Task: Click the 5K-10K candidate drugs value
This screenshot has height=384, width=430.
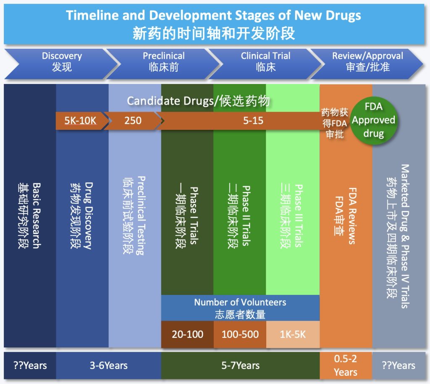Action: tap(80, 121)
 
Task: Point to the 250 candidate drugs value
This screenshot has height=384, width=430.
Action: tap(133, 121)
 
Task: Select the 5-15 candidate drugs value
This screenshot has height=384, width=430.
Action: tap(253, 121)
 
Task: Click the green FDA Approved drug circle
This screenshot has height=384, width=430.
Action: tap(373, 120)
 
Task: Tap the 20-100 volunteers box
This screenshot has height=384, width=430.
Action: tap(187, 334)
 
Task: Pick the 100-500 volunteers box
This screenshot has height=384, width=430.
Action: tap(240, 334)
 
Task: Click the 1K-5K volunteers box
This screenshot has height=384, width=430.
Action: tap(293, 334)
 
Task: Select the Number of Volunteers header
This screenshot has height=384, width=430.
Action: tap(240, 308)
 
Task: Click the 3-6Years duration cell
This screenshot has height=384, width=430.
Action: tap(109, 366)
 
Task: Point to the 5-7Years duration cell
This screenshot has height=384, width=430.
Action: tap(241, 366)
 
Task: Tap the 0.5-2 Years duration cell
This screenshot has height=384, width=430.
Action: tap(346, 366)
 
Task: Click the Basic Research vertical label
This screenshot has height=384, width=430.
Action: tap(37, 216)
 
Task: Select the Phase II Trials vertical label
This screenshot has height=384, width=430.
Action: tap(246, 216)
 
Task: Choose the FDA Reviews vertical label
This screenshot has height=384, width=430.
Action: tap(352, 216)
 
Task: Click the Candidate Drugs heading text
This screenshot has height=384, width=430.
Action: tap(198, 101)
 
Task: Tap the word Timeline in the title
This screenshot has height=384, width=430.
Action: tap(92, 15)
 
